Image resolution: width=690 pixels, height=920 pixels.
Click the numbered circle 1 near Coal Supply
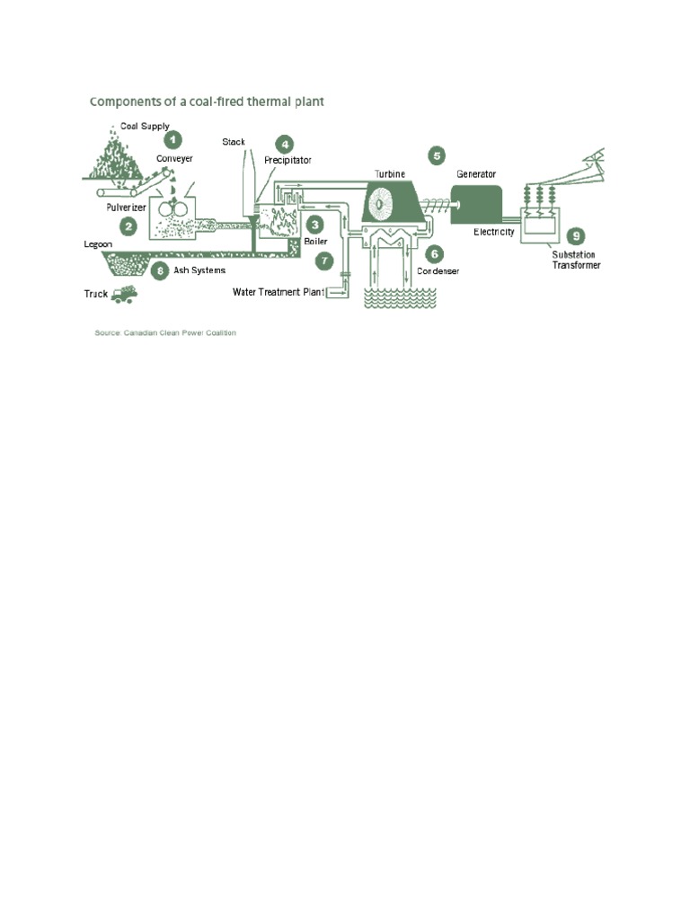coord(172,139)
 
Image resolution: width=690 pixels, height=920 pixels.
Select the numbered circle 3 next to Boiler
coord(314,223)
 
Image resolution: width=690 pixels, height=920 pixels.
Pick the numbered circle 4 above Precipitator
coord(284,144)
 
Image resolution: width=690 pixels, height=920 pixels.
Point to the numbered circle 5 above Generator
coord(437,155)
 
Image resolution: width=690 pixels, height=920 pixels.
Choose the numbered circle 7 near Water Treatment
coord(324,261)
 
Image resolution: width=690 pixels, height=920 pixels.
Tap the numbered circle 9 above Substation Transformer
coord(576,235)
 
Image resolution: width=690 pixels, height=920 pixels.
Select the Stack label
coord(234,142)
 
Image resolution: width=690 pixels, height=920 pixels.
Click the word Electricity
coord(494,232)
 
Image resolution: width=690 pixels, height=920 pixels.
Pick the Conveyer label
coord(174,159)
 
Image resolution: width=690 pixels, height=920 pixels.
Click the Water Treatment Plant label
coord(278,291)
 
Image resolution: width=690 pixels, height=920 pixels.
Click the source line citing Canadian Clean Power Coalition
coord(165,332)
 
